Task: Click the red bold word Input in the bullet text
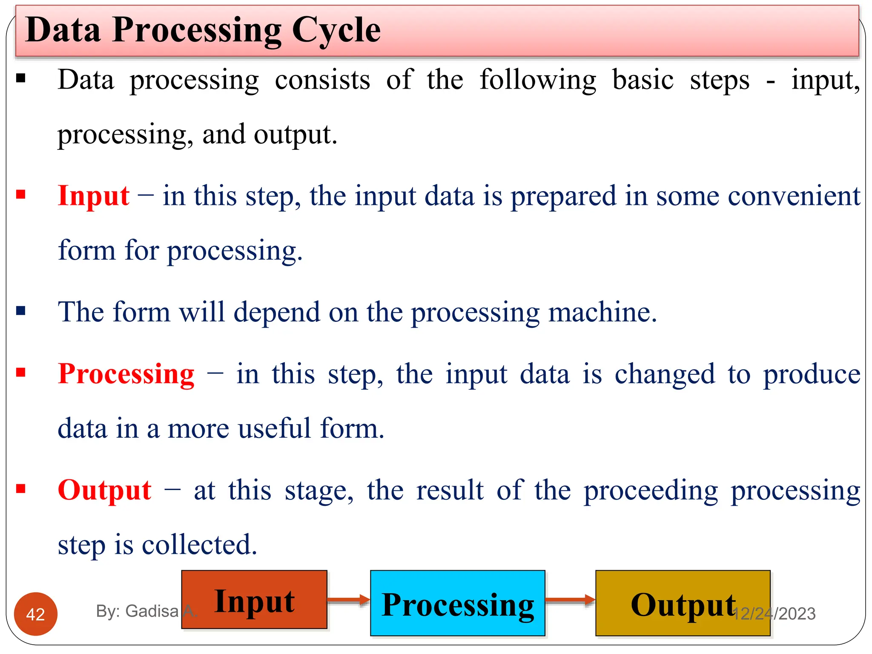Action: click(93, 196)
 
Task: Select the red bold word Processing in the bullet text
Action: click(126, 374)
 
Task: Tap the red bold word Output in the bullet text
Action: click(104, 490)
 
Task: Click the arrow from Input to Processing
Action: click(349, 600)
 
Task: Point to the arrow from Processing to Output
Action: click(570, 600)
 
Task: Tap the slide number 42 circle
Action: click(35, 614)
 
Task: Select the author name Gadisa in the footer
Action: click(152, 611)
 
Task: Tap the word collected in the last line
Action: click(199, 545)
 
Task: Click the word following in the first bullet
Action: click(538, 80)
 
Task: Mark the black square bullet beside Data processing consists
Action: click(21, 78)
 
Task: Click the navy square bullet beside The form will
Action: click(21, 311)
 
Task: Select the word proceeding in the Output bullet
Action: click(650, 490)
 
